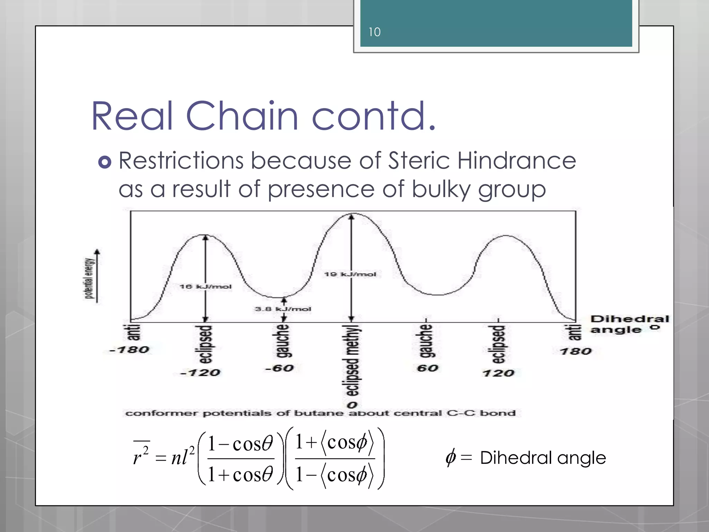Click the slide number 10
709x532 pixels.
coord(374,32)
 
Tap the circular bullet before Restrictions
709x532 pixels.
coord(105,162)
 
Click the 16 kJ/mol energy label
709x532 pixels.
coord(205,286)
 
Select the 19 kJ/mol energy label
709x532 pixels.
coord(350,274)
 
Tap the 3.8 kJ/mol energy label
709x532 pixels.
coord(283,309)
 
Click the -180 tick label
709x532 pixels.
coord(129,350)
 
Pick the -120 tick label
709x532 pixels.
coord(200,373)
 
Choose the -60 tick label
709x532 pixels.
coord(279,368)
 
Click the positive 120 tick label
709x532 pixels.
coord(498,373)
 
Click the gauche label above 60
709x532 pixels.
coord(426,341)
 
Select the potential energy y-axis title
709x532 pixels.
coord(89,278)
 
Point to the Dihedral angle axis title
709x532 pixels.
coord(629,324)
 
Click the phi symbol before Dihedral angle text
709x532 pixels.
coord(451,458)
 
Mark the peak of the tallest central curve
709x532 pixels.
coord(352,214)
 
